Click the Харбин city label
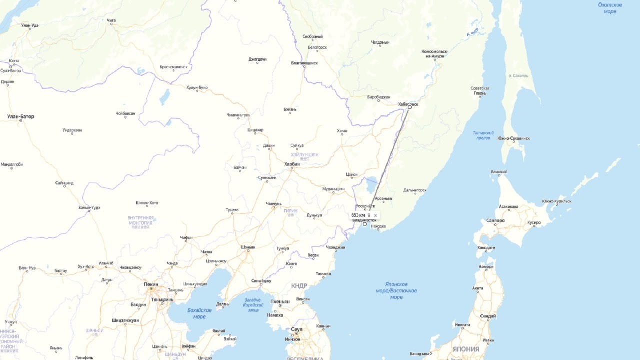click(292, 164)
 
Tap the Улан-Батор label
click(21, 116)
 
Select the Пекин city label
click(151, 284)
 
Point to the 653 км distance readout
click(358, 215)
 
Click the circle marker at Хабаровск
click(410, 107)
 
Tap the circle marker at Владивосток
click(365, 224)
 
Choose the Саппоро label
click(495, 220)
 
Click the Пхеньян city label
click(280, 302)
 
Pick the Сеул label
click(297, 330)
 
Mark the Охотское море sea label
click(610, 8)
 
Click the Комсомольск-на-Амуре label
click(434, 54)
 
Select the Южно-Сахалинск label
click(513, 138)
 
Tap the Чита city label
click(111, 20)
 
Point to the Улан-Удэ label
click(30, 25)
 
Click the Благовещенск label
click(304, 63)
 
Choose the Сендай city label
click(488, 316)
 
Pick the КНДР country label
click(299, 286)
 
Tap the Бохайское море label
click(199, 313)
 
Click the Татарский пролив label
click(483, 135)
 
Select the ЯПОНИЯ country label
click(465, 349)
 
